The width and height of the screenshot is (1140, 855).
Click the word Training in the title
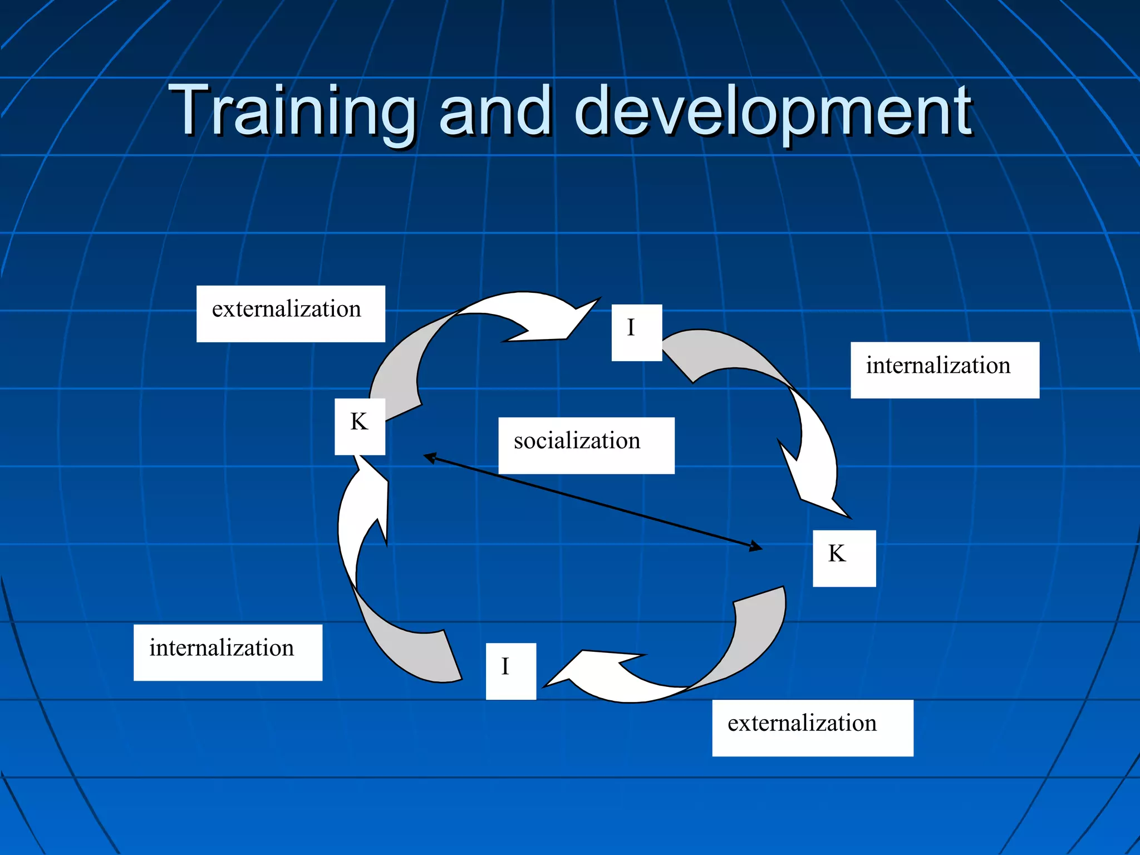292,111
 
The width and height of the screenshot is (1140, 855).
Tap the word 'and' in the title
495,111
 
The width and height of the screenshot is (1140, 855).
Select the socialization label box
586,445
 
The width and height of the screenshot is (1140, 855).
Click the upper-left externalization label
291,313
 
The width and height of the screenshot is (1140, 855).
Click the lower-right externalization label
812,728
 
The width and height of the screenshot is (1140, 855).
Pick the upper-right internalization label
945,370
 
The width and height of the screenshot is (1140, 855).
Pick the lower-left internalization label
228,652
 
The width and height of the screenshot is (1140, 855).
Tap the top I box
636,332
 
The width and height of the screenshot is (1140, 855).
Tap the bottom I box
510,671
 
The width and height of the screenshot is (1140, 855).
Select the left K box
360,426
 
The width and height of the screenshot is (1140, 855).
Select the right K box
844,558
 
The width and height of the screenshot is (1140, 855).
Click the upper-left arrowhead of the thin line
430,458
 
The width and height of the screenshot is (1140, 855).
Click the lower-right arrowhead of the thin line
755,547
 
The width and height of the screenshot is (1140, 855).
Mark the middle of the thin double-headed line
593,502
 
